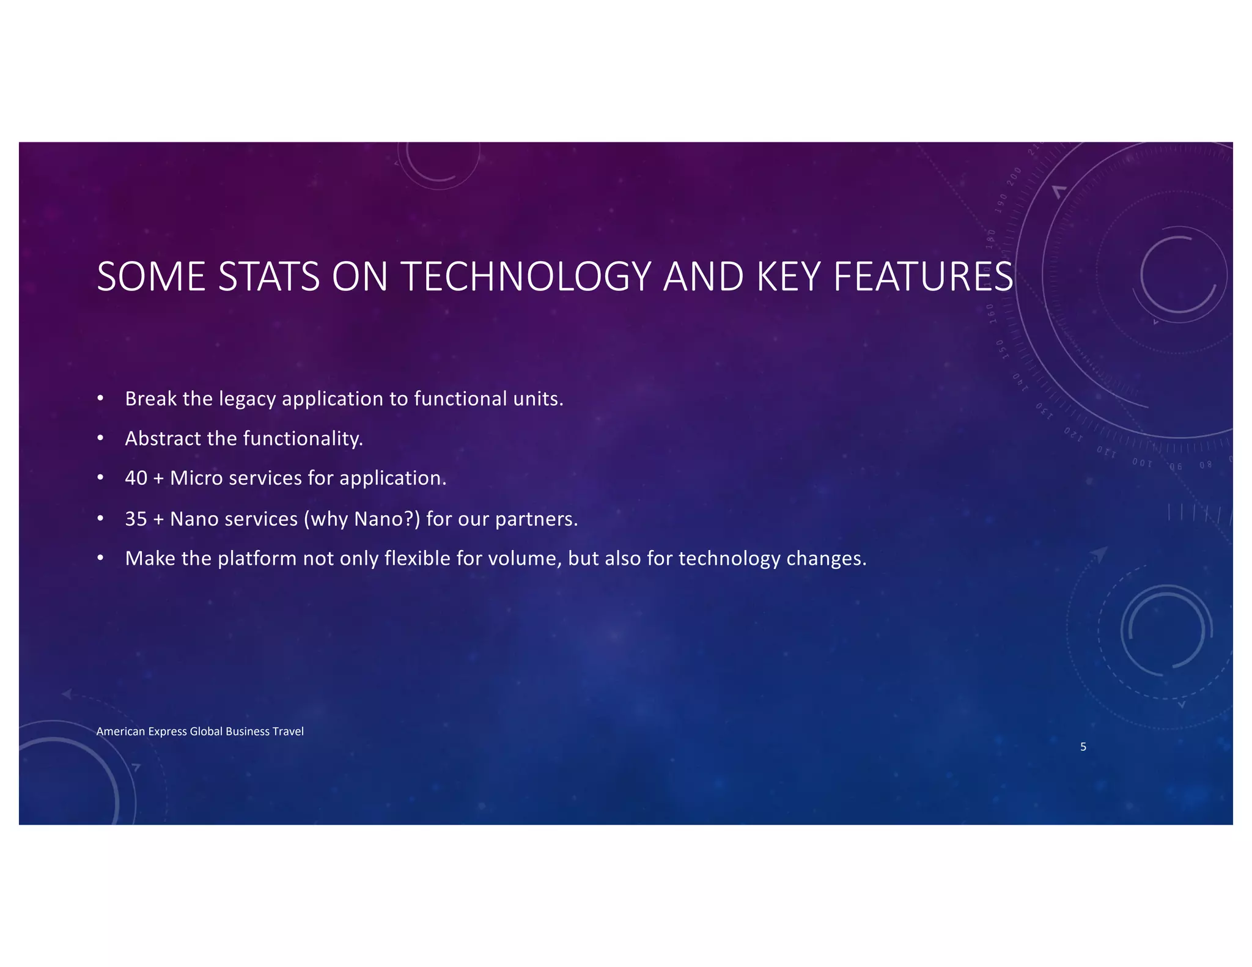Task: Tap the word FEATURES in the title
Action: click(923, 277)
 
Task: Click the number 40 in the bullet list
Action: click(136, 478)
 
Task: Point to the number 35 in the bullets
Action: click(136, 519)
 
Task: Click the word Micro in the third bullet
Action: click(196, 478)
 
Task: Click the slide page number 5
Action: click(1083, 747)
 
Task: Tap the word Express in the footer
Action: click(168, 732)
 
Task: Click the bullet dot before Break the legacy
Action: click(100, 399)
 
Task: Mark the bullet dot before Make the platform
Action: click(100, 559)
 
